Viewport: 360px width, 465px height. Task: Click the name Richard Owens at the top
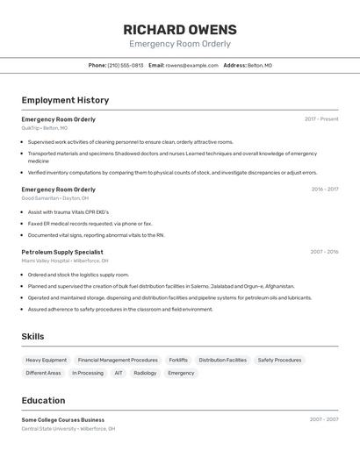point(180,29)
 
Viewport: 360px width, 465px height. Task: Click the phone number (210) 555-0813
point(126,65)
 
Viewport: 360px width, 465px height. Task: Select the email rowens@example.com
point(191,65)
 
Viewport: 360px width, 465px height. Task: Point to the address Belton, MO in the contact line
point(260,65)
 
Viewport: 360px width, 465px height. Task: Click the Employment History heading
point(65,100)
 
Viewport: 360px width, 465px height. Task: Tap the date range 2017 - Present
point(321,118)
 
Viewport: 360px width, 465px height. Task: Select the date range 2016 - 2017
point(324,189)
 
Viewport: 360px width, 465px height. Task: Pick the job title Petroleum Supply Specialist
point(62,252)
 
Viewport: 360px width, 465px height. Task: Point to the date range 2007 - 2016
point(324,252)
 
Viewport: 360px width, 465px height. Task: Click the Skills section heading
point(32,336)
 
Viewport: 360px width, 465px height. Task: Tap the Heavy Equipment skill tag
point(46,360)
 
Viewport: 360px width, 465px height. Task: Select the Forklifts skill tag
point(178,360)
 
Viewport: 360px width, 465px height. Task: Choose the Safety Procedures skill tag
point(279,360)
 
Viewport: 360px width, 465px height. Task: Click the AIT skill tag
point(119,373)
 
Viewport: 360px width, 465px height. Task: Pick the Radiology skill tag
point(145,373)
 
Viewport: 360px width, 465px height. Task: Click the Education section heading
point(43,400)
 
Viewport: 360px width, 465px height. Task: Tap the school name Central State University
point(48,429)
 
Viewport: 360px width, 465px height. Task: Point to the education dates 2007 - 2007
point(324,419)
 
